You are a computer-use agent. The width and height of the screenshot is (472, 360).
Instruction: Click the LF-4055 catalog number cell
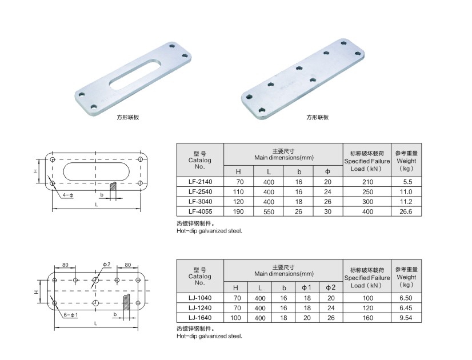click(200, 211)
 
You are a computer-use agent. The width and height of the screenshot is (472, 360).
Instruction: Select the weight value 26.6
click(406, 211)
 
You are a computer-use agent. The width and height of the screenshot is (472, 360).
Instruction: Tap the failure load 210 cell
click(367, 182)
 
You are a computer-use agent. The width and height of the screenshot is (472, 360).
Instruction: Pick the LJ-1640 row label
click(200, 318)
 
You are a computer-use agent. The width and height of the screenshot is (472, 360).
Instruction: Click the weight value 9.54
click(406, 318)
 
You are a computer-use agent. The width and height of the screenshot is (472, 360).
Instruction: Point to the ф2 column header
click(330, 287)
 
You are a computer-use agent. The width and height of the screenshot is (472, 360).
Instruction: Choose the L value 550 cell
click(269, 211)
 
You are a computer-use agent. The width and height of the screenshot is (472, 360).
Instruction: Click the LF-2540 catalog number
click(200, 192)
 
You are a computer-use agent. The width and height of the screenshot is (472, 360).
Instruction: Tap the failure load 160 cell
click(367, 318)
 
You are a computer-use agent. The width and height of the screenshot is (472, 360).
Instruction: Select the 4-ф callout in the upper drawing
click(68, 195)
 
